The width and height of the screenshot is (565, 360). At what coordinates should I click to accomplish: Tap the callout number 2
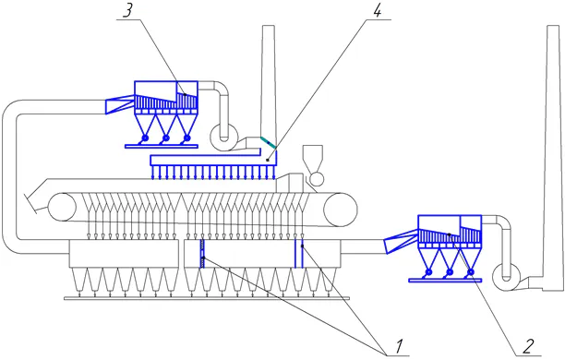tap(528, 347)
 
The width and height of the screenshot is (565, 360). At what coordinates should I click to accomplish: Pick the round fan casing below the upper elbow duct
tap(224, 135)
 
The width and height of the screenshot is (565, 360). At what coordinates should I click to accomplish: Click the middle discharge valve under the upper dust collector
tap(166, 138)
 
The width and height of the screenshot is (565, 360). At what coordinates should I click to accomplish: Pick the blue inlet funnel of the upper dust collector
tap(121, 105)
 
